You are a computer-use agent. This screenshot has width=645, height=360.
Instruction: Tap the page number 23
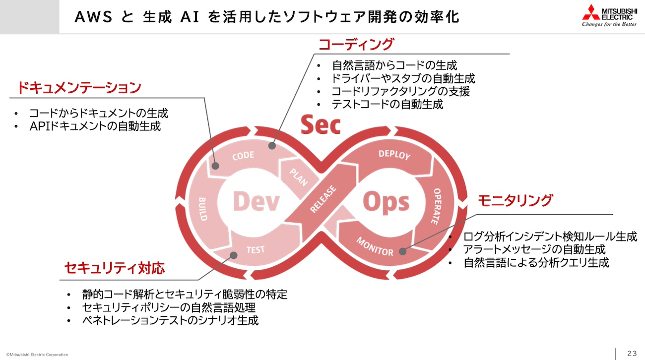click(x=632, y=353)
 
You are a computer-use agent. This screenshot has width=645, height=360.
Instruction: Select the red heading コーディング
click(x=355, y=44)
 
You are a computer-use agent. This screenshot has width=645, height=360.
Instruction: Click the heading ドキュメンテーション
click(x=79, y=88)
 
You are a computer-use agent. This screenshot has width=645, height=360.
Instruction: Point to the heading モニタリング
click(x=515, y=200)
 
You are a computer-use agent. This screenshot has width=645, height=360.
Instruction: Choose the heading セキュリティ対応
click(x=115, y=268)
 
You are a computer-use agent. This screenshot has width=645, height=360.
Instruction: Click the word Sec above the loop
click(x=321, y=125)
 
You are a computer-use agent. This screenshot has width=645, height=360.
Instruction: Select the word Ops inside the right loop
click(x=387, y=202)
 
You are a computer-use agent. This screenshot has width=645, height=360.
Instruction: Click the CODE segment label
click(x=243, y=156)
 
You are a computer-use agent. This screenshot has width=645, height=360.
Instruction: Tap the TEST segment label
click(x=256, y=249)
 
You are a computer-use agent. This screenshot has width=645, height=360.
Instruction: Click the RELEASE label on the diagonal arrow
click(x=323, y=199)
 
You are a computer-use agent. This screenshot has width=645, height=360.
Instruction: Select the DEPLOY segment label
click(x=394, y=155)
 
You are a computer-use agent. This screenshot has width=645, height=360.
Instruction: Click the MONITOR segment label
click(x=375, y=246)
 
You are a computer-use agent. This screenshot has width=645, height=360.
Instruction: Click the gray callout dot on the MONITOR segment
click(x=402, y=251)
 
